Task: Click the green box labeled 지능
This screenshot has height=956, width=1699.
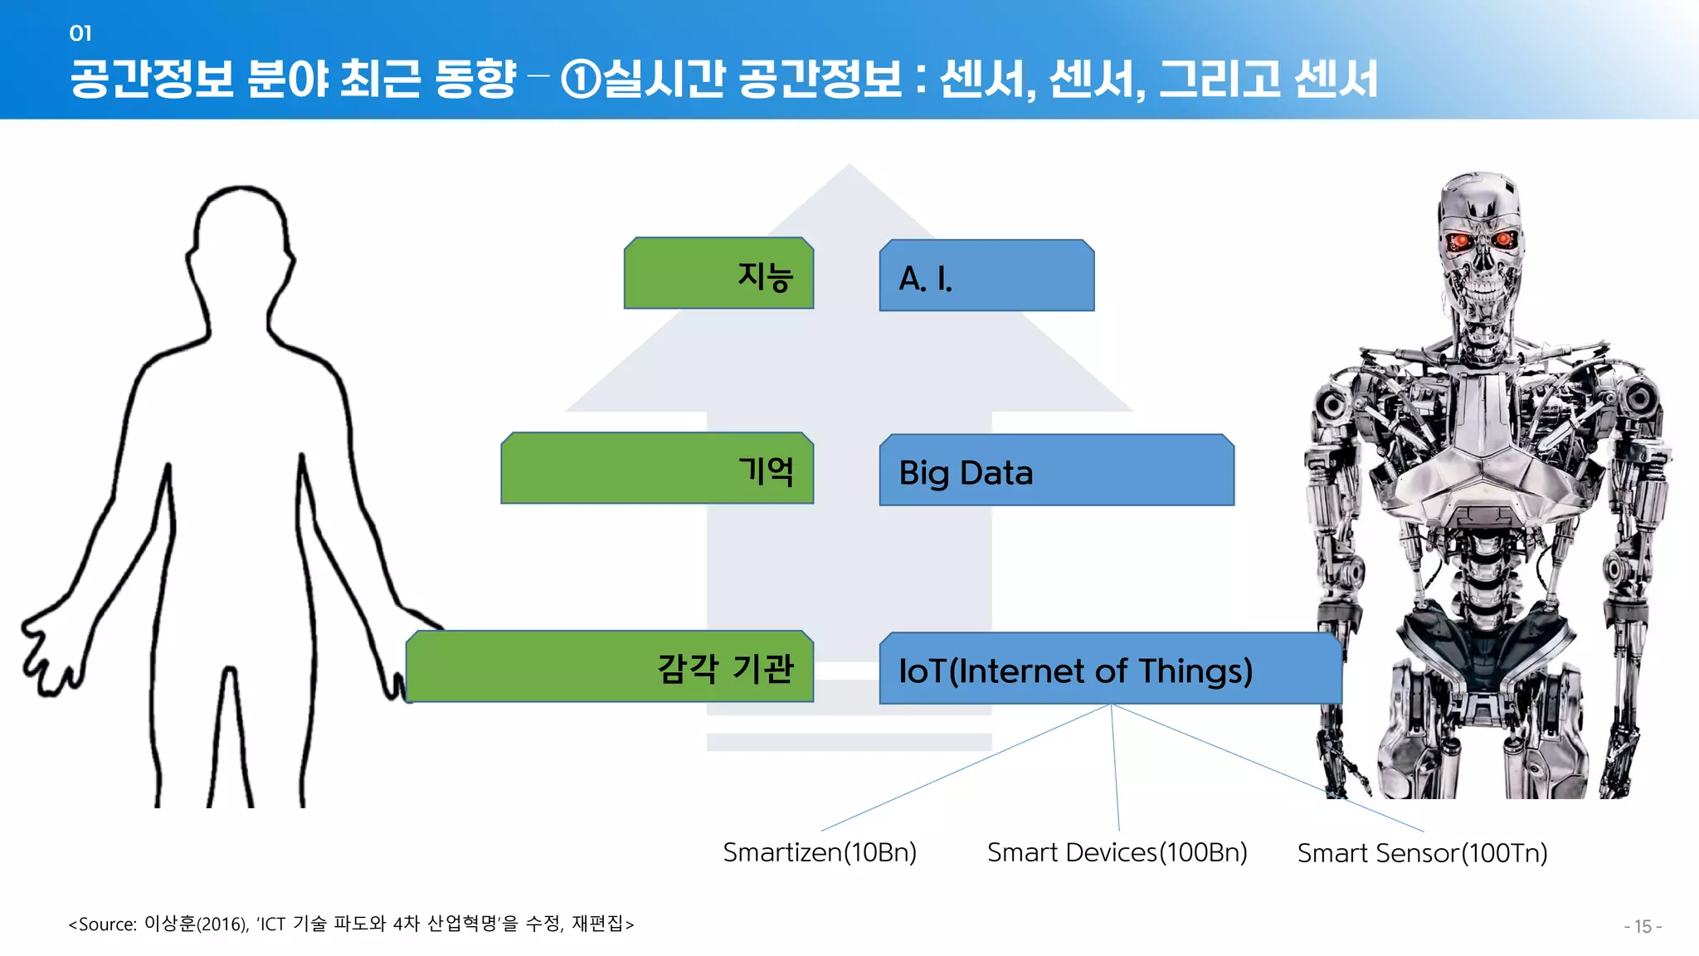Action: (x=718, y=274)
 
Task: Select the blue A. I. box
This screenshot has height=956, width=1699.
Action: (x=986, y=276)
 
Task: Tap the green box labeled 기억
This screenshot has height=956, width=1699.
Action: (x=657, y=469)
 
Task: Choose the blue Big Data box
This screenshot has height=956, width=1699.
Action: (x=1056, y=471)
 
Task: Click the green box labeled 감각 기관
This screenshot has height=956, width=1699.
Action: (x=610, y=667)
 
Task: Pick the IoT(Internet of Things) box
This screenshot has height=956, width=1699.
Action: (x=1110, y=669)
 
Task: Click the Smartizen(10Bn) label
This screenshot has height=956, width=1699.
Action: (x=820, y=852)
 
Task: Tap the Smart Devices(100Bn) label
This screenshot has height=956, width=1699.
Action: (x=1117, y=852)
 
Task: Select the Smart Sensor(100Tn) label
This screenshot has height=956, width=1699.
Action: (x=1422, y=853)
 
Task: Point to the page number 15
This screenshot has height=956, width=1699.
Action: (x=1643, y=926)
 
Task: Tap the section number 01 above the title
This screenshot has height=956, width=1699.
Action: (x=80, y=33)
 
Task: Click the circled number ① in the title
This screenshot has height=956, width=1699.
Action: (x=580, y=80)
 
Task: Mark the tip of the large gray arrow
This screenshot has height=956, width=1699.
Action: (x=849, y=170)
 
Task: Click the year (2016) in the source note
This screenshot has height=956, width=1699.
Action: (x=222, y=924)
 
